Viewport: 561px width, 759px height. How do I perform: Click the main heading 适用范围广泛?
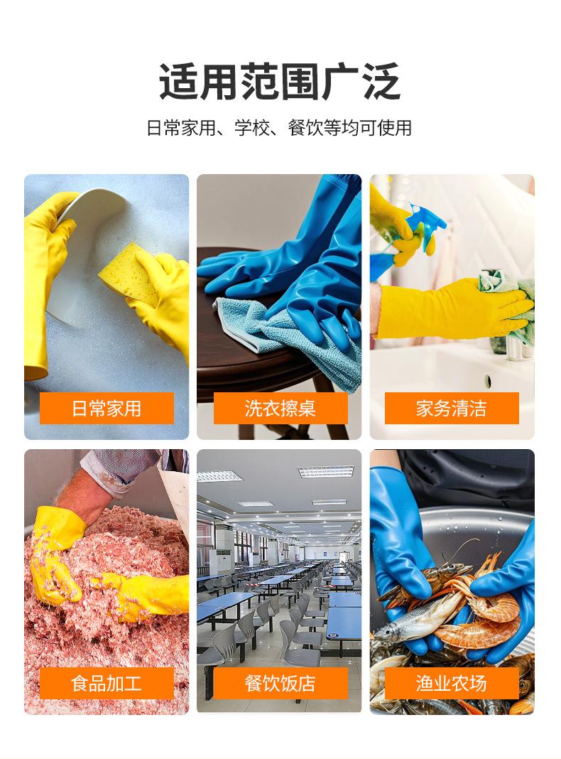coord(280,82)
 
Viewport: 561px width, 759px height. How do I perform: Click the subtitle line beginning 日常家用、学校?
coord(279,128)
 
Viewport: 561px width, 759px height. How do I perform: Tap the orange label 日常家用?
coord(107,408)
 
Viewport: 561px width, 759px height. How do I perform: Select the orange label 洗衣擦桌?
coord(280,408)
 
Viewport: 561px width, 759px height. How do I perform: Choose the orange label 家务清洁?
coord(452,408)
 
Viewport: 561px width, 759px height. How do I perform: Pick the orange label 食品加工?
coord(107,683)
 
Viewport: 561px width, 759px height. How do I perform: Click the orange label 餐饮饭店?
coord(280,683)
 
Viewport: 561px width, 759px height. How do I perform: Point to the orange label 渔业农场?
coord(452,683)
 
